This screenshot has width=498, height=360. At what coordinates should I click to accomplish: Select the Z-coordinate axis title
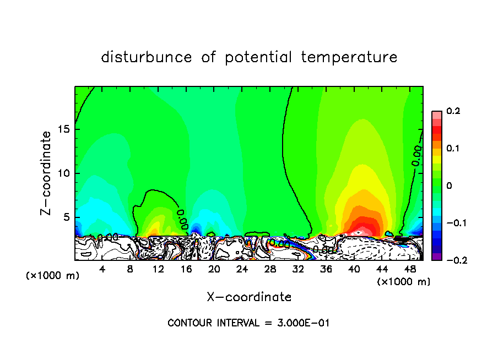point(47,173)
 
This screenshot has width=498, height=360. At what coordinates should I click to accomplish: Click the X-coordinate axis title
point(249,297)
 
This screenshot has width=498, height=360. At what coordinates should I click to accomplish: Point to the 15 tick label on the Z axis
point(63,130)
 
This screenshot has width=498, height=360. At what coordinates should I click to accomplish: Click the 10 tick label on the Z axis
point(63,173)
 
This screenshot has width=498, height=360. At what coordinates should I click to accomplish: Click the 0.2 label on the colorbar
point(453,111)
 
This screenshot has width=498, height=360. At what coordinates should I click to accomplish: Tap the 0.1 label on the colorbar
point(453,149)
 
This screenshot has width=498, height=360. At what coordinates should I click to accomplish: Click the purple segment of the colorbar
point(437,257)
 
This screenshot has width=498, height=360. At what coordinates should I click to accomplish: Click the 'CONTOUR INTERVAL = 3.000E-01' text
point(248,323)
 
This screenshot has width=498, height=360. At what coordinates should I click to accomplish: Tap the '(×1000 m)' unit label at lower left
point(53,275)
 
